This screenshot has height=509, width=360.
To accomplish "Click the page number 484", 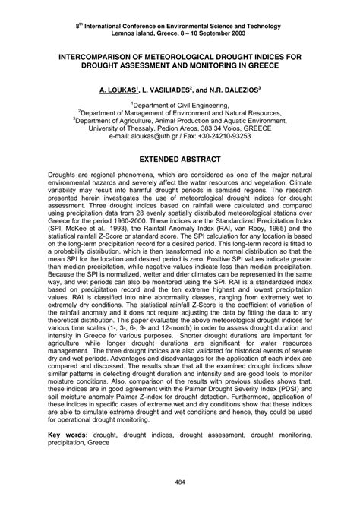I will pyautogui.click(x=180, y=482).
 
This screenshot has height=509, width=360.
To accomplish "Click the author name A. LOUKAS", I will pyautogui.click(x=131, y=90).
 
